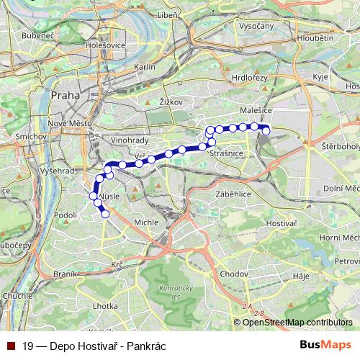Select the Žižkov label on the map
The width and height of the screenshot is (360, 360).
point(168,102)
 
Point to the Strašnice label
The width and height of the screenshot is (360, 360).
point(220,153)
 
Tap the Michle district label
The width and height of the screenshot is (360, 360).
point(146,222)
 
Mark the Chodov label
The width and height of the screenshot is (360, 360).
point(235,274)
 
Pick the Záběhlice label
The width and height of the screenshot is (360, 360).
point(231,194)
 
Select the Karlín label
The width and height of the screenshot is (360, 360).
point(145,66)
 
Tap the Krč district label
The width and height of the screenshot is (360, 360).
point(117,265)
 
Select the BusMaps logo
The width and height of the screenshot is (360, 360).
point(325,345)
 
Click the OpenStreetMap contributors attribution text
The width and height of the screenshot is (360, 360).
point(297,322)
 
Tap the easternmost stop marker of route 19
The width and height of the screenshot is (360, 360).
point(266,130)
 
